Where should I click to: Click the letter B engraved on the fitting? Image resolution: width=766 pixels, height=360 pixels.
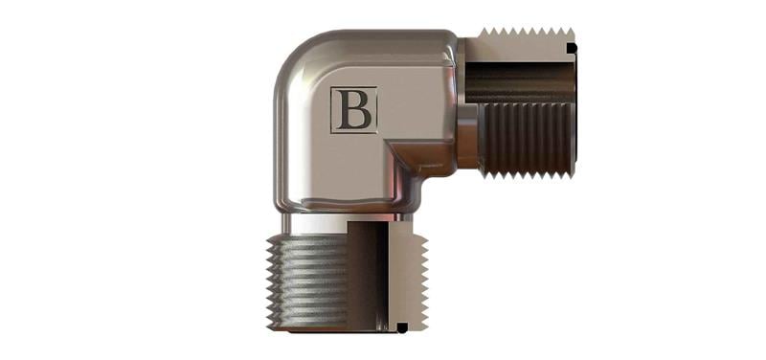tap(354, 110)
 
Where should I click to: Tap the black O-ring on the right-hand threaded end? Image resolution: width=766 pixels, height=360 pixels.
tap(572, 48)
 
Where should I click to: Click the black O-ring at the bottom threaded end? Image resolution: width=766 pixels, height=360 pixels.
tap(401, 327)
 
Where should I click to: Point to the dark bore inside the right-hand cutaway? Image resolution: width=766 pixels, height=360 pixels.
tap(520, 82)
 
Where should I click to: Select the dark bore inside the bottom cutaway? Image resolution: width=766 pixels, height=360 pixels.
tap(368, 275)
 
